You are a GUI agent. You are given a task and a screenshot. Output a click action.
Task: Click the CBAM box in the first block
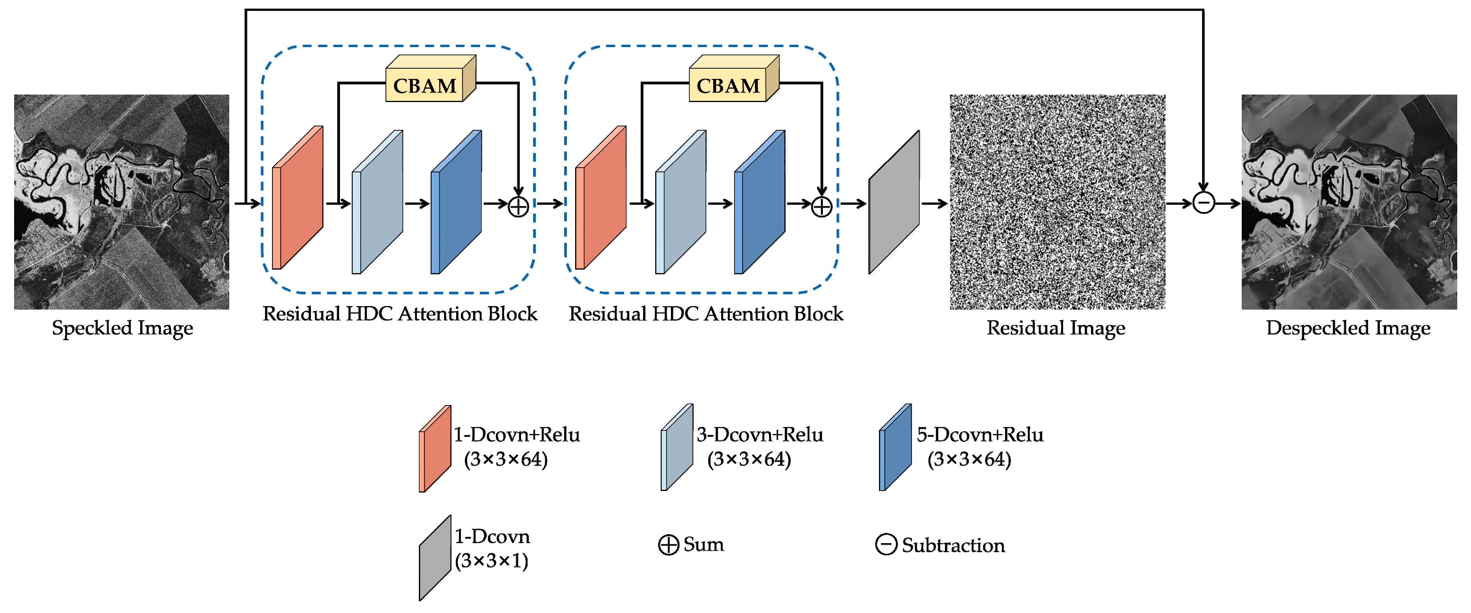coord(425,86)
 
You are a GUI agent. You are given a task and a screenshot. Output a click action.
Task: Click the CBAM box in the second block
coord(728,86)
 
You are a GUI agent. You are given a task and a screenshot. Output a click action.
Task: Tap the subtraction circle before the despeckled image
coord(1203,203)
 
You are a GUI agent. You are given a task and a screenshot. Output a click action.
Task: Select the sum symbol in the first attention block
coord(518,206)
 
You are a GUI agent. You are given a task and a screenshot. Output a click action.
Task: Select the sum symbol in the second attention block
coord(821,206)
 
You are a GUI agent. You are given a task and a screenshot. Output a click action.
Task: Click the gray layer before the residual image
coord(894,203)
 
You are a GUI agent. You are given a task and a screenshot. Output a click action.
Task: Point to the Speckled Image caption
coord(122,328)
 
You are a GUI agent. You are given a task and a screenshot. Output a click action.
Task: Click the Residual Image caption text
coord(1056,328)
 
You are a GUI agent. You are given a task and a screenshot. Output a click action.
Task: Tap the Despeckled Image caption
coord(1348,328)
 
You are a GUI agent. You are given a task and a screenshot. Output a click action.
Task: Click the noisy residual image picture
coord(1057,202)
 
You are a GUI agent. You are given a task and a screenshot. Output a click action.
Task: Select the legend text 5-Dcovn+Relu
coord(980,435)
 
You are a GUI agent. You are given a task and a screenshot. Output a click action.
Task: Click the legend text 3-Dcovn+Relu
coord(760,435)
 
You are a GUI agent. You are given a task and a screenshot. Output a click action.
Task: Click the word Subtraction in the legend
coord(953,545)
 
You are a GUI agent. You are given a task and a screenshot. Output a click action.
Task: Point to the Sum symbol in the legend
coord(668,545)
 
